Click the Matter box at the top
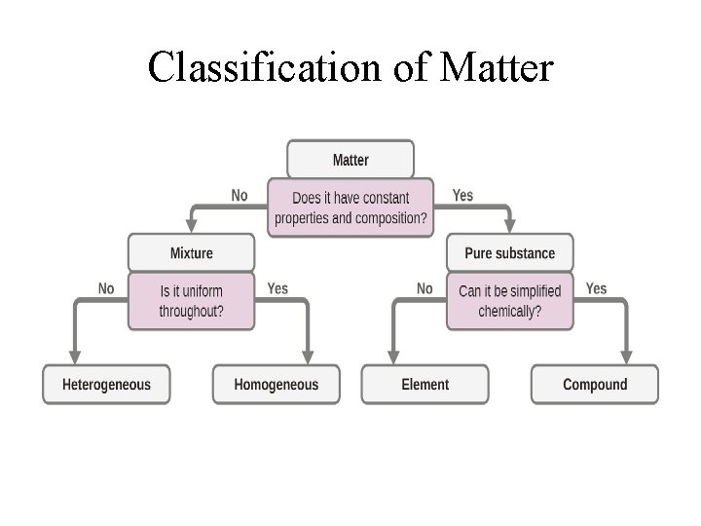click(x=350, y=159)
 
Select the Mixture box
click(x=191, y=253)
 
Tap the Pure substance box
click(x=509, y=253)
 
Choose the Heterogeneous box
click(x=106, y=384)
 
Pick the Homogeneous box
click(x=276, y=384)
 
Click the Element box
click(x=424, y=384)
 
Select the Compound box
click(x=595, y=384)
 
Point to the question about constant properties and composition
click(x=350, y=207)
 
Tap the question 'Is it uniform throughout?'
click(x=191, y=301)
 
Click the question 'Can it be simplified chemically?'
click(x=509, y=301)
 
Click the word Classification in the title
click(x=248, y=67)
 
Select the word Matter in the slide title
click(x=497, y=67)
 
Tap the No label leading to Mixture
click(x=240, y=195)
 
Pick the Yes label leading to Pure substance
click(x=462, y=195)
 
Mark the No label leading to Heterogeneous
click(x=106, y=288)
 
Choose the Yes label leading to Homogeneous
click(x=277, y=288)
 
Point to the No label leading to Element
click(x=424, y=288)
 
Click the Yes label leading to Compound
click(x=596, y=288)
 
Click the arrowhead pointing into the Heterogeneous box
click(x=74, y=357)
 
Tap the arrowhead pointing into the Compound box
click(x=626, y=357)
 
